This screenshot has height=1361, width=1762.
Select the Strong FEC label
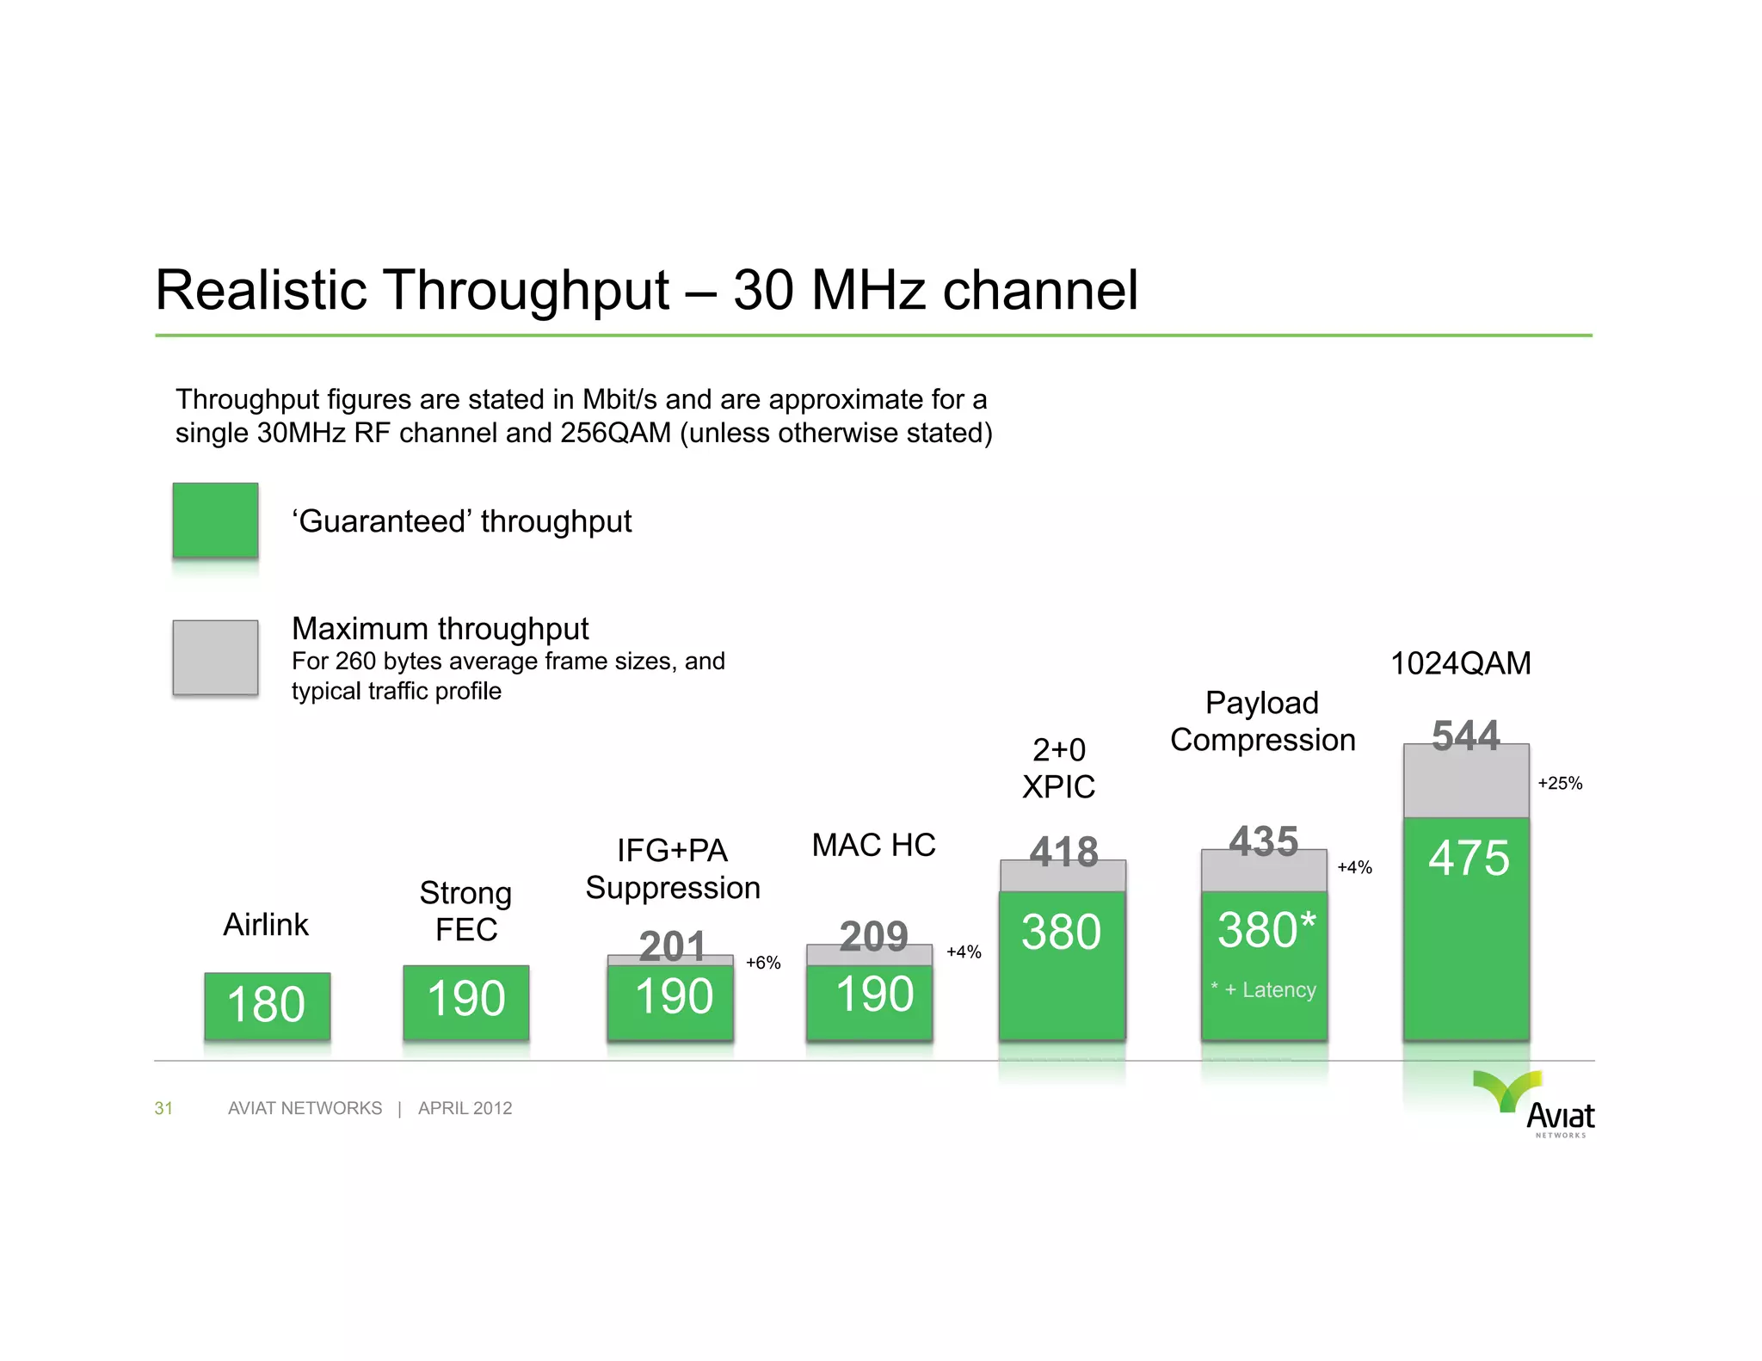click(x=465, y=911)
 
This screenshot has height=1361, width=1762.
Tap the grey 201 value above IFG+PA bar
click(x=672, y=945)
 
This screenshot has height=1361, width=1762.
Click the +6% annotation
click(x=763, y=963)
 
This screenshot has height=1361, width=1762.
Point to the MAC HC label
click(x=873, y=845)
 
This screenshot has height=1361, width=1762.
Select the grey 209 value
click(x=873, y=935)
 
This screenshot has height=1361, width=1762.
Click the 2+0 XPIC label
click(x=1058, y=768)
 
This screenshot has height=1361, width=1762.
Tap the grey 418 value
click(x=1064, y=852)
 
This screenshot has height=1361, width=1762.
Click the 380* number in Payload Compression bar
click(x=1266, y=930)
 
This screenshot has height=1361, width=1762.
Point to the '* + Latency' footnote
click(x=1263, y=990)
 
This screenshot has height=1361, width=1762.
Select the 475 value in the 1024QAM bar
click(x=1469, y=858)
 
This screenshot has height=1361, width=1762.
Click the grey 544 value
click(x=1465, y=736)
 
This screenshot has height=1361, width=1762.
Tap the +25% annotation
click(x=1560, y=783)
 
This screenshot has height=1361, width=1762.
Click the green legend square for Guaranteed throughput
click(x=215, y=520)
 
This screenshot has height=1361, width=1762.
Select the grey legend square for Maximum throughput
click(x=215, y=657)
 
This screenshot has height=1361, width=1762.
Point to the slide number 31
click(x=163, y=1108)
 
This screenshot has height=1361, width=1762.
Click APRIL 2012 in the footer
click(x=465, y=1108)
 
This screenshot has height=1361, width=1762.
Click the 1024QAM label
click(x=1461, y=663)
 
